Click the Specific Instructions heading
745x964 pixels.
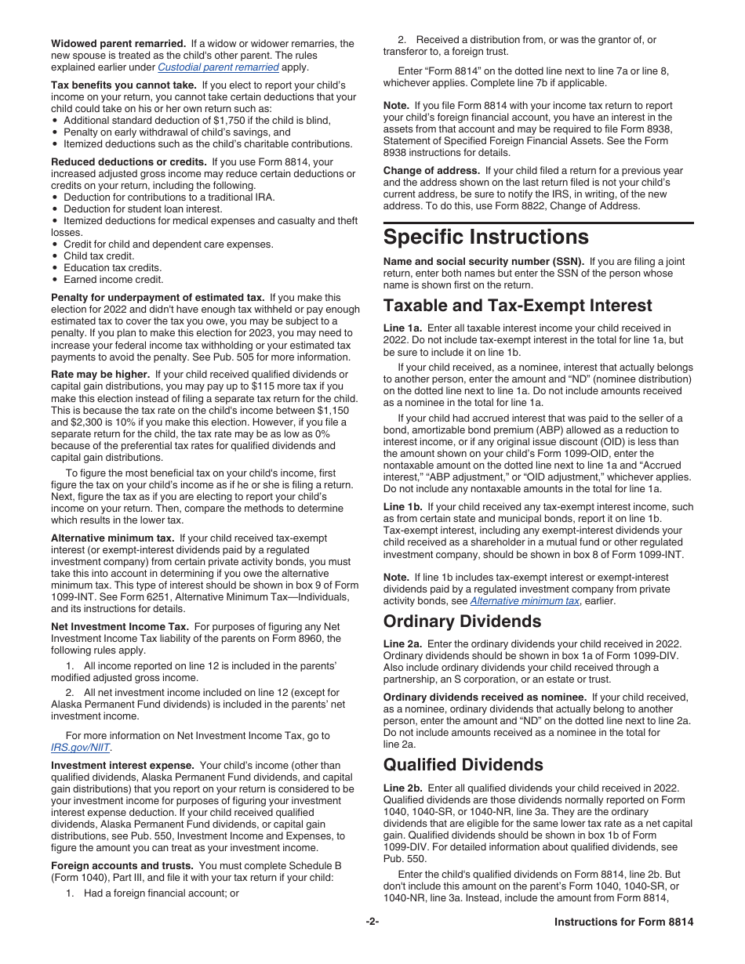[x=485, y=237]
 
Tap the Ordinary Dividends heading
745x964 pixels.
[x=462, y=622]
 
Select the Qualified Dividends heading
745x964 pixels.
[x=463, y=764]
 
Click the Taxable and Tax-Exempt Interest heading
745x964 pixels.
[x=518, y=305]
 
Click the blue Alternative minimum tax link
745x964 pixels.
[x=525, y=600]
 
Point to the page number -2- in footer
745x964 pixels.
[x=372, y=922]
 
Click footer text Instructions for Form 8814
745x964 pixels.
[x=623, y=922]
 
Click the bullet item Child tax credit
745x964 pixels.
[x=99, y=256]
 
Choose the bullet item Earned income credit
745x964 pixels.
[x=114, y=280]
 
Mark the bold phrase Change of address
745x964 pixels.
[x=431, y=171]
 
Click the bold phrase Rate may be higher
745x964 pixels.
[x=100, y=375]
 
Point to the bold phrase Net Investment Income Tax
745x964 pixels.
[x=120, y=626]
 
